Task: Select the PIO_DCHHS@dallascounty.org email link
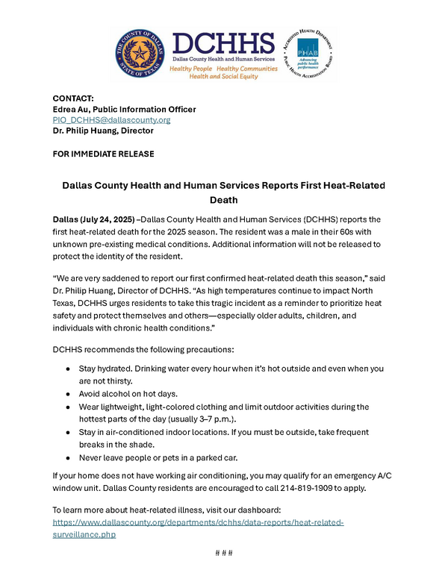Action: (x=111, y=119)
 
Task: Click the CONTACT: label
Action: (x=73, y=98)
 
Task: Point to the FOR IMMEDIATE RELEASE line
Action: (x=103, y=154)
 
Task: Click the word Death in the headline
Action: (x=223, y=200)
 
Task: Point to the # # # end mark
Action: (x=224, y=553)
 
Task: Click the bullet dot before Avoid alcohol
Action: (x=69, y=394)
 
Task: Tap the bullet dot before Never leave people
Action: (x=69, y=457)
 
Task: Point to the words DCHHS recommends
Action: (x=89, y=349)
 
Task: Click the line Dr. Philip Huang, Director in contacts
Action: (x=103, y=131)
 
